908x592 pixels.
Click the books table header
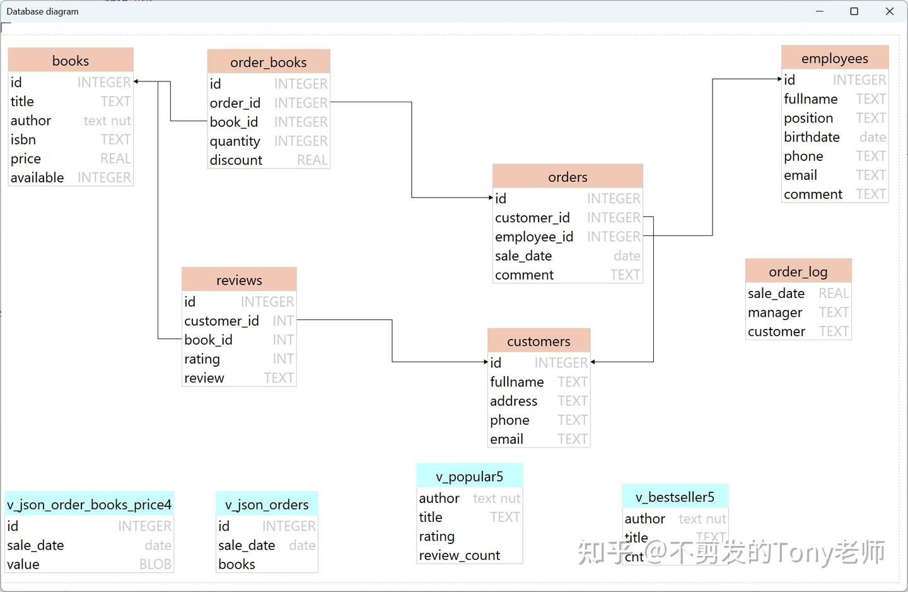[x=71, y=61]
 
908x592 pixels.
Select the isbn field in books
[x=23, y=139]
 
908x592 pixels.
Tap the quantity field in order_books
[x=235, y=141]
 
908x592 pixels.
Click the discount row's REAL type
[x=312, y=160]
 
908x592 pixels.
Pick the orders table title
[x=567, y=177]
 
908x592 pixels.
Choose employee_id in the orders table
[x=534, y=237]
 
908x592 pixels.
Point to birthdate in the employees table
[x=812, y=137]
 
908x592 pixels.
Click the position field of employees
[x=808, y=118]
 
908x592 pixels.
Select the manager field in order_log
[x=775, y=312]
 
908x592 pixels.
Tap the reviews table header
[x=239, y=280]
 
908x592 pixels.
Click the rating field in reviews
[x=202, y=359]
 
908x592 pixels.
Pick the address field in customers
[x=514, y=401]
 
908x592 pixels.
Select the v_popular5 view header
[x=469, y=477]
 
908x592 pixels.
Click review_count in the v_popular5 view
[x=459, y=555]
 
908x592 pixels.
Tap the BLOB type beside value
[x=155, y=564]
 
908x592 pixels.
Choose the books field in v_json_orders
[x=236, y=564]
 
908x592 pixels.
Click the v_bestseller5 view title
[x=675, y=497]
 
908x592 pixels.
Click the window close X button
[x=890, y=11]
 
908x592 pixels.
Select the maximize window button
[x=854, y=11]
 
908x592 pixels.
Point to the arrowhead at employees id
[x=779, y=80]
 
